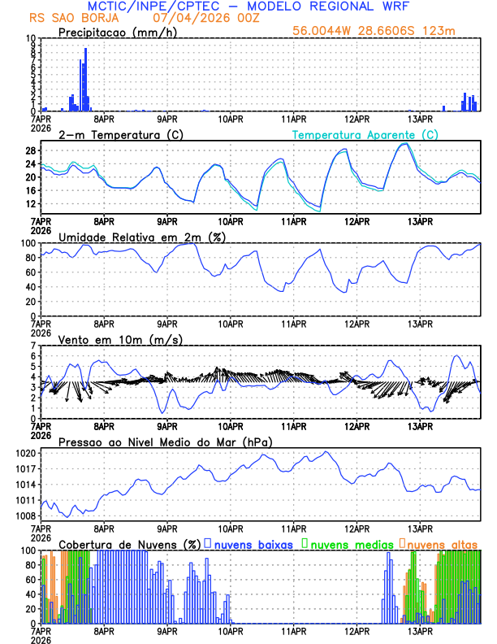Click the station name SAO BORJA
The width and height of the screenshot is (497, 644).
point(83,17)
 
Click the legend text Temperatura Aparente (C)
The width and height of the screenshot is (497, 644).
point(364,134)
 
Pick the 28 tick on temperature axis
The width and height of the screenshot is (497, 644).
point(30,150)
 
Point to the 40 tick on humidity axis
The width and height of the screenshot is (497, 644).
point(30,286)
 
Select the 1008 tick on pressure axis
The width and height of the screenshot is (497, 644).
point(26,516)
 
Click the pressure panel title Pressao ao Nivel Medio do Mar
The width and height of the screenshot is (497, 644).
point(164,442)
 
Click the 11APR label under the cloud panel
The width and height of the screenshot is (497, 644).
point(293,630)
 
